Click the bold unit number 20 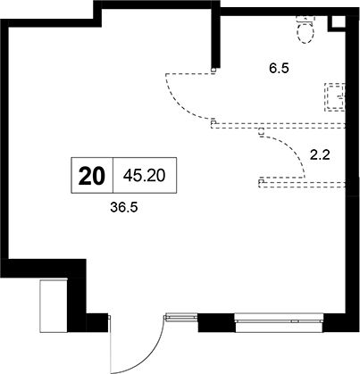pos(92,176)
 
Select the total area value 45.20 pos(145,176)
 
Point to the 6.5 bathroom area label pos(280,69)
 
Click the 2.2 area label pos(320,155)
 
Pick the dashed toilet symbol pos(306,30)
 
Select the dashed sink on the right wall pos(335,97)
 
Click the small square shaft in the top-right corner pos(337,22)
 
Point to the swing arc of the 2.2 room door pos(293,149)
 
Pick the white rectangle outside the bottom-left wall pos(54,305)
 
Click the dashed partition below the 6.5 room pos(278,125)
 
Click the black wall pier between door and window pos(216,322)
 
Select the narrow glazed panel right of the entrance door pos(181,318)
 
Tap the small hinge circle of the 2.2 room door pos(261,131)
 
